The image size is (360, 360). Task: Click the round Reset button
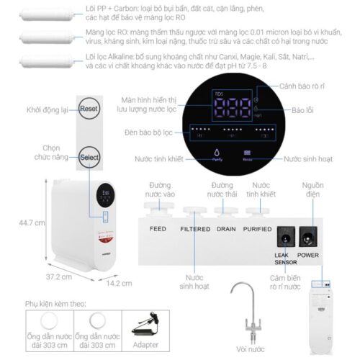click(89, 109)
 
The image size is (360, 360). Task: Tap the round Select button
click(89, 156)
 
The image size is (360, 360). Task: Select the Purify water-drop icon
click(217, 153)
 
